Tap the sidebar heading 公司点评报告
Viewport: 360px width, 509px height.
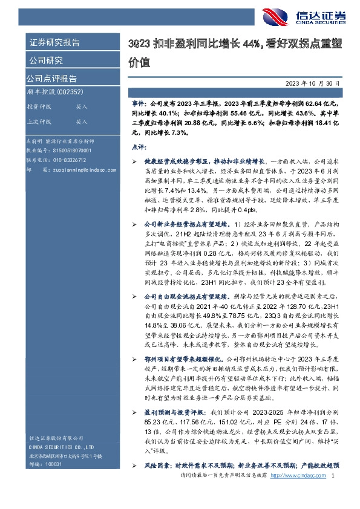tap(51, 79)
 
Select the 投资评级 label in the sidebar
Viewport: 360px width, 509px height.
tap(39, 106)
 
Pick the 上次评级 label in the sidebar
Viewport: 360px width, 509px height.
tap(39, 122)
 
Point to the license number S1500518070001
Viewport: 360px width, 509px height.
tap(67, 150)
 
